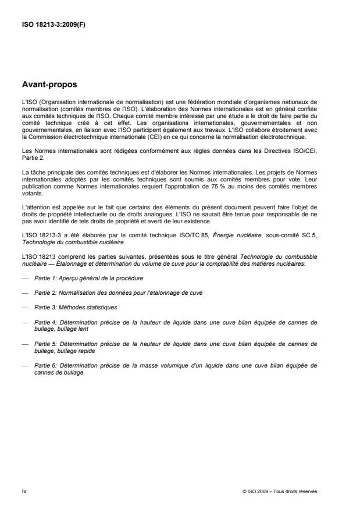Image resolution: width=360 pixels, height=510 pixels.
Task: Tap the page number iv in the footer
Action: tap(24, 491)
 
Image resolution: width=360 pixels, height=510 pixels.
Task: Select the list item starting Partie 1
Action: tap(88, 278)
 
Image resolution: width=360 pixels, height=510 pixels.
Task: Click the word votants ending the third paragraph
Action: tap(31, 197)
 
